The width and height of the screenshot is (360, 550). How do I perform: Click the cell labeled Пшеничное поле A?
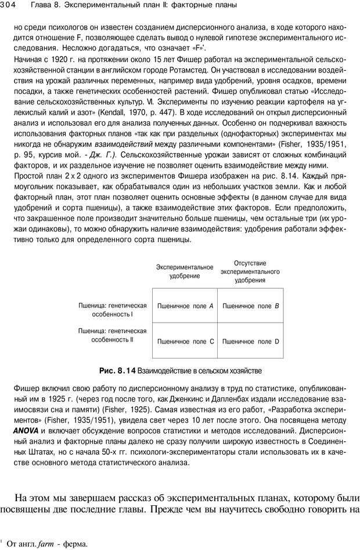pos(185,305)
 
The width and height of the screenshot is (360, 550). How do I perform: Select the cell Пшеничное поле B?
pos(250,305)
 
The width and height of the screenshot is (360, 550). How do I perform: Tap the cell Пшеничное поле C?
pos(185,342)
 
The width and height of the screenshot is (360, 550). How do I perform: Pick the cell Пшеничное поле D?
pos(250,342)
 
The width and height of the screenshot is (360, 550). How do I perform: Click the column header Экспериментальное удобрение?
pos(185,271)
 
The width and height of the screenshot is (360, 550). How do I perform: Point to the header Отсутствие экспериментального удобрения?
pos(250,271)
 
